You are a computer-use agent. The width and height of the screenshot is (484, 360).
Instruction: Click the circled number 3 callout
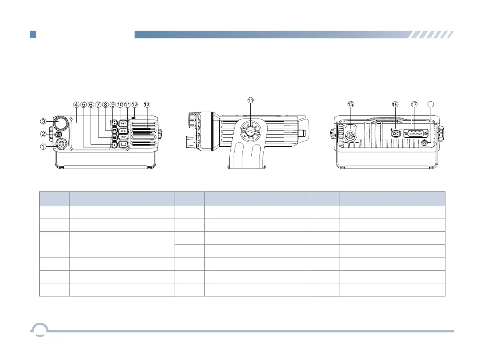(x=43, y=121)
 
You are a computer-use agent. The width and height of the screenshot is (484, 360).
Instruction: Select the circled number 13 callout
(x=147, y=104)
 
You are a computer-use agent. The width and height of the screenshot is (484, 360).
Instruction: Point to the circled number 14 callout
(x=250, y=100)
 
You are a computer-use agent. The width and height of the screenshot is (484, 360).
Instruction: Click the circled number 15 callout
(x=351, y=104)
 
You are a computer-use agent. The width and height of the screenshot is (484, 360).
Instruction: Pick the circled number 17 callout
(x=414, y=104)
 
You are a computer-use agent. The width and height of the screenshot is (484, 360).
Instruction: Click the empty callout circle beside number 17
(x=431, y=104)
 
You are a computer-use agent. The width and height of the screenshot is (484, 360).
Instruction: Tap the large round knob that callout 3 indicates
(x=60, y=123)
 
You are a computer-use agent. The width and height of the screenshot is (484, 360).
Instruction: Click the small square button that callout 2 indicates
(x=58, y=134)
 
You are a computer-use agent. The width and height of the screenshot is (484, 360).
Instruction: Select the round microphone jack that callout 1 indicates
(x=61, y=144)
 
